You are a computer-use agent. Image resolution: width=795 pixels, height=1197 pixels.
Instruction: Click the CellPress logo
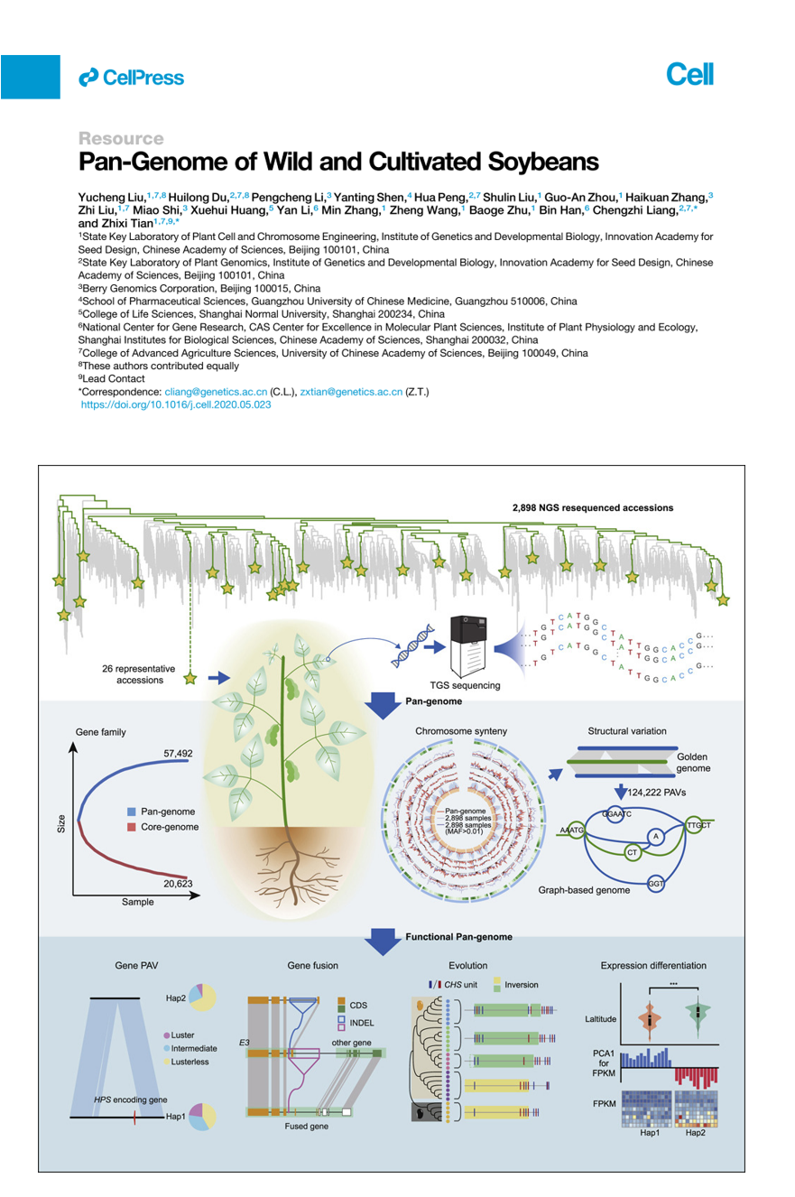click(x=132, y=78)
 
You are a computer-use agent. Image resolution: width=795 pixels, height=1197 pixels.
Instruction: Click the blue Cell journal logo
click(x=689, y=75)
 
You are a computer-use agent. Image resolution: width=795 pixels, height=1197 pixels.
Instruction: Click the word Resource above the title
click(x=121, y=139)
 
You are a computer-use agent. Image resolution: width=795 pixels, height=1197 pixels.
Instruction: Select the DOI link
click(x=176, y=406)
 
